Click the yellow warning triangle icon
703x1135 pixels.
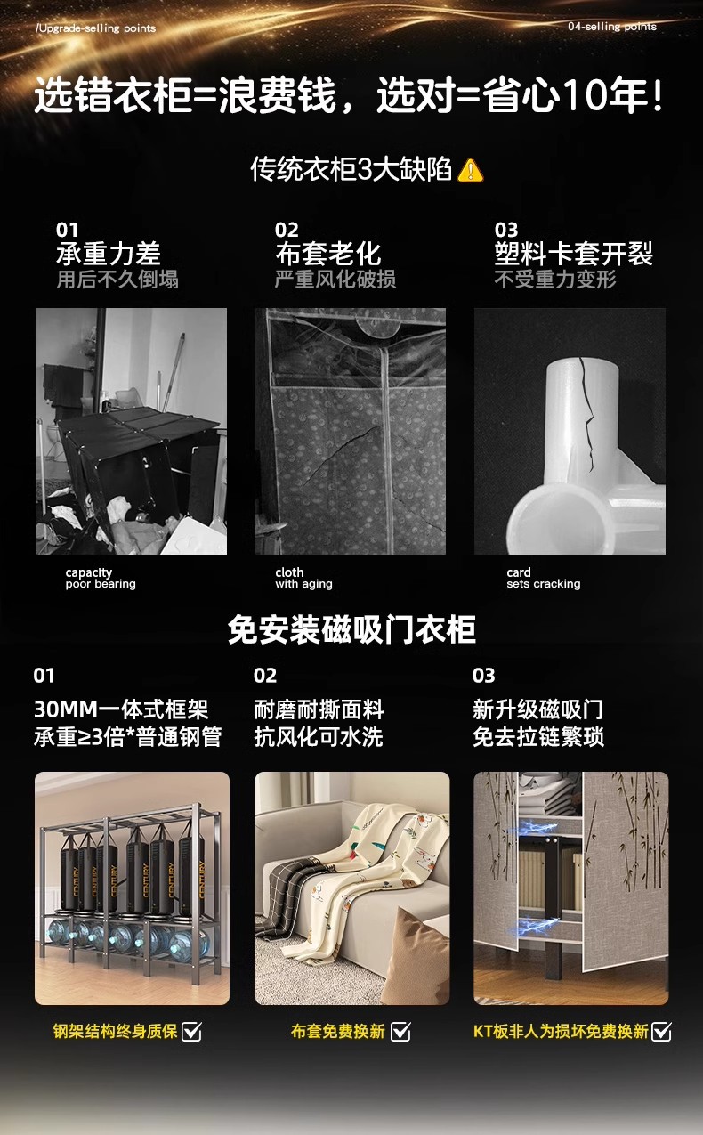(x=470, y=170)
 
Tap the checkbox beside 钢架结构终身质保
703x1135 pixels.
(x=191, y=1031)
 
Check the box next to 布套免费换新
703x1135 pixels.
(x=400, y=1031)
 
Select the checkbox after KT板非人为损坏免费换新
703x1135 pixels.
(x=661, y=1031)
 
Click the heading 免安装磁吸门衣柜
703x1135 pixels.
(x=351, y=630)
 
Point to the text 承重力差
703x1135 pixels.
(x=109, y=254)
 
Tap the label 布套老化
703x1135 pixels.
(x=327, y=254)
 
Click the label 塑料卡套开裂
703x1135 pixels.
(x=573, y=254)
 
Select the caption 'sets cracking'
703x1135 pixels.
(x=544, y=584)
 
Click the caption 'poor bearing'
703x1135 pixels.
(x=101, y=584)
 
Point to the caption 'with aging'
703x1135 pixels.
(x=303, y=584)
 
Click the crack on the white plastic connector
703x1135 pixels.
(x=586, y=410)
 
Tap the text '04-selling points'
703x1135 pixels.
(x=612, y=27)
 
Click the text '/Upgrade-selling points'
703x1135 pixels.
(x=96, y=28)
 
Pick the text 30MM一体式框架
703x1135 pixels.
(x=121, y=709)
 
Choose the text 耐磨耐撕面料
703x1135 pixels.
(x=319, y=709)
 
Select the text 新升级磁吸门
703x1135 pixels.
(x=537, y=709)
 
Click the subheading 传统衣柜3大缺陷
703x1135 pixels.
(x=351, y=169)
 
